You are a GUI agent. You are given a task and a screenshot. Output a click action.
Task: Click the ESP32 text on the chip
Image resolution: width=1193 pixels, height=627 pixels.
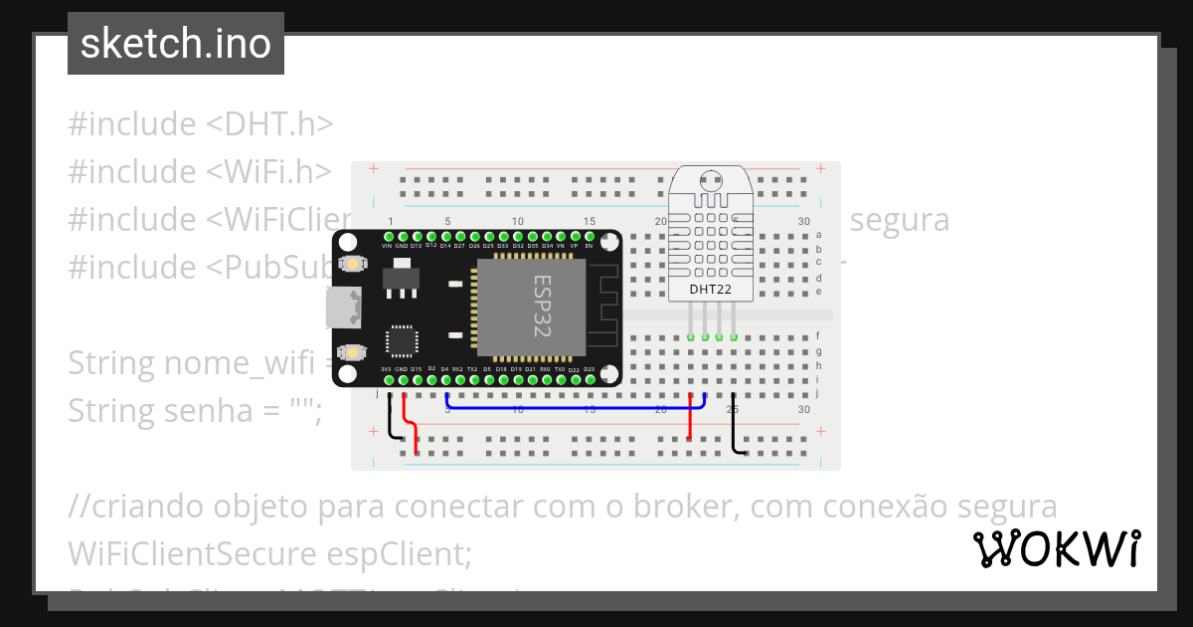coord(543,307)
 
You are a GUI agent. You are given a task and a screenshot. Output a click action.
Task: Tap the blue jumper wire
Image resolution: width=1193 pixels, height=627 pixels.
coord(577,408)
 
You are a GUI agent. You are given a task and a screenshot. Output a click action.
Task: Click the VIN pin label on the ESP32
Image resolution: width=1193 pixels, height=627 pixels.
coord(387,245)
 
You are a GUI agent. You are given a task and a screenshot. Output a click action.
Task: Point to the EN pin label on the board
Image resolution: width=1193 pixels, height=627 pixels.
coord(589,245)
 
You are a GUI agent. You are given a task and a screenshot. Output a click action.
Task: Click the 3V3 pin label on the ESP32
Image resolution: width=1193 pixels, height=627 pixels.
coord(387,369)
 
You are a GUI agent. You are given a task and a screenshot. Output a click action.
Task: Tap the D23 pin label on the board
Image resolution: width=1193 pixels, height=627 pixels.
coord(589,369)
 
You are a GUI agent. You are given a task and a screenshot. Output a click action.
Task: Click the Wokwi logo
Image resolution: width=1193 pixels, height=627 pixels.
coord(1057,548)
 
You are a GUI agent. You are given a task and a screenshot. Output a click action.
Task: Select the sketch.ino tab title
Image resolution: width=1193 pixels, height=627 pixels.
coord(176,44)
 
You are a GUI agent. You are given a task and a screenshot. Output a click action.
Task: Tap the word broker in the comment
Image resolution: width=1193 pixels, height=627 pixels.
coord(675,507)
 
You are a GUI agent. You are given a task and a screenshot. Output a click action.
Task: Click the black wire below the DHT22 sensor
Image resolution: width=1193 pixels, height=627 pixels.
coord(734,428)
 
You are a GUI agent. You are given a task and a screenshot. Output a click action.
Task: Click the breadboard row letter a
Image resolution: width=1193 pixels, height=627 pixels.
coord(818,235)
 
